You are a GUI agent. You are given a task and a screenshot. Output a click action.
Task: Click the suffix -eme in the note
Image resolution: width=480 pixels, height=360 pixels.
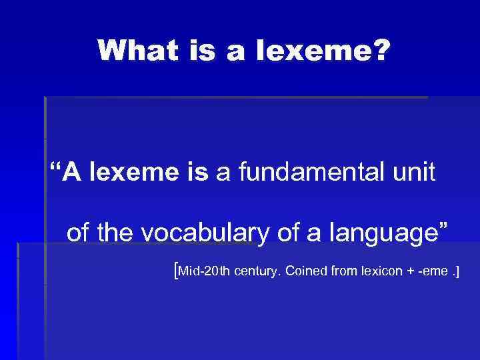pyautogui.click(x=433, y=272)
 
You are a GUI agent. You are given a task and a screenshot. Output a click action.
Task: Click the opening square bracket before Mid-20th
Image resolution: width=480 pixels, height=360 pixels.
pyautogui.click(x=175, y=271)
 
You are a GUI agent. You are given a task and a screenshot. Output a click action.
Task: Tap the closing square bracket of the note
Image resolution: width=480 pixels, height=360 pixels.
pyautogui.click(x=458, y=271)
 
